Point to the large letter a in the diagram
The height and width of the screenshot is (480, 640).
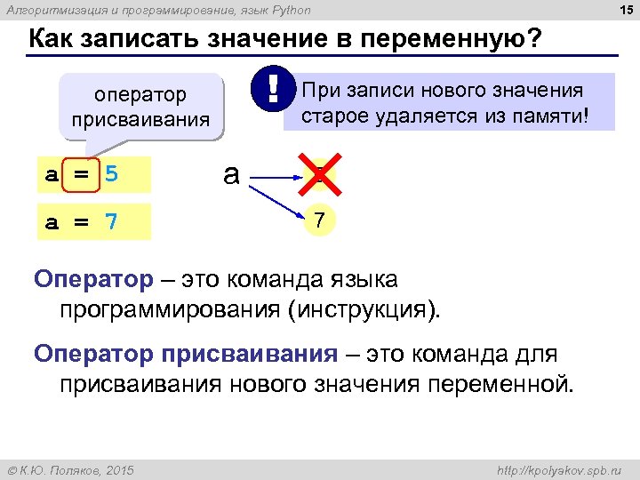pyautogui.click(x=231, y=174)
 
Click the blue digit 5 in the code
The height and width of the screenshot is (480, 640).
pyautogui.click(x=110, y=174)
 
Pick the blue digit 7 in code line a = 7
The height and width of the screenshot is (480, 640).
pyautogui.click(x=110, y=221)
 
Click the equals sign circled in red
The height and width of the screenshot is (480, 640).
pyautogui.click(x=80, y=174)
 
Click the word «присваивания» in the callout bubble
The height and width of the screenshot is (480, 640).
pyautogui.click(x=140, y=118)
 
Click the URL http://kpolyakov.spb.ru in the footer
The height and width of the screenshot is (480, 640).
pyautogui.click(x=559, y=468)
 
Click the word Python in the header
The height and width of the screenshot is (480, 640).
pyautogui.click(x=291, y=10)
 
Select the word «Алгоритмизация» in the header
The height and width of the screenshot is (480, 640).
pyautogui.click(x=44, y=10)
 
